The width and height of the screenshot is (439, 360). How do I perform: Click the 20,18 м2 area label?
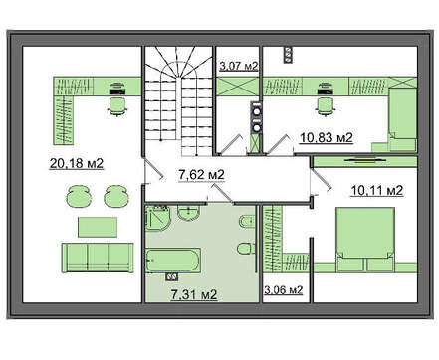click(x=77, y=163)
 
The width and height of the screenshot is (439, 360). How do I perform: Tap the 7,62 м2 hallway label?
click(x=201, y=174)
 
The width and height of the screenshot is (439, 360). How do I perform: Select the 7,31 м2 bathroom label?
click(x=194, y=294)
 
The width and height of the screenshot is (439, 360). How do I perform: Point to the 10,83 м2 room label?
click(x=327, y=137)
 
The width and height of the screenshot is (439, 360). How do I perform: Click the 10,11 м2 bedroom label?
click(x=377, y=191)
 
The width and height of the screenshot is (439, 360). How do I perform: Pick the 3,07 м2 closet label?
click(x=239, y=66)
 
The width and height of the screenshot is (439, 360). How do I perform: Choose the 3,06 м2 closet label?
click(x=283, y=290)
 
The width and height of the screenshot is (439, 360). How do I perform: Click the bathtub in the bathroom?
click(x=173, y=260)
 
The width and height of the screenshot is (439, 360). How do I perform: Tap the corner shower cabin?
click(x=158, y=217)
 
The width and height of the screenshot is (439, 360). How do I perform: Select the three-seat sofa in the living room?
click(x=98, y=258)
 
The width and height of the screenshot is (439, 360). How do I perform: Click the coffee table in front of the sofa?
click(x=98, y=227)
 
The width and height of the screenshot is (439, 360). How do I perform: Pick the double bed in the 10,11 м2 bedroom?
click(x=365, y=240)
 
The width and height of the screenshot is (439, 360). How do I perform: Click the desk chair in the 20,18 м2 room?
click(x=117, y=106)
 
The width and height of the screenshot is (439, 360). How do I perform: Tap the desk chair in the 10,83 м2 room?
click(x=326, y=106)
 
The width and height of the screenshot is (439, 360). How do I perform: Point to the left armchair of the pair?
click(x=79, y=196)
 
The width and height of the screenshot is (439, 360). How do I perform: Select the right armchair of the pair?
click(x=116, y=196)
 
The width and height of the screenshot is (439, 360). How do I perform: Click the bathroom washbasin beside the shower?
click(x=188, y=212)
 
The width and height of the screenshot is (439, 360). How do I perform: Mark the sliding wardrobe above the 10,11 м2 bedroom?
click(x=365, y=161)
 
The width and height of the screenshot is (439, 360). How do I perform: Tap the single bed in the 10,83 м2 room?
click(x=402, y=119)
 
